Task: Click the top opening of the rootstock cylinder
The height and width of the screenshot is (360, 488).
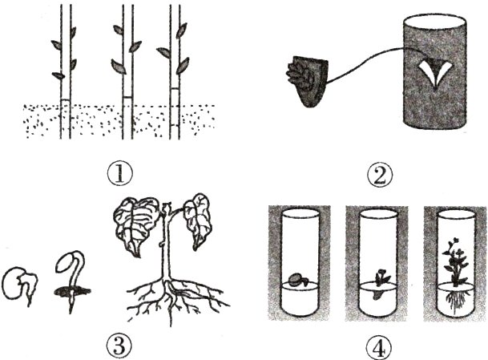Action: (435, 24)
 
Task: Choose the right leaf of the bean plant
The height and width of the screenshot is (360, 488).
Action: (197, 220)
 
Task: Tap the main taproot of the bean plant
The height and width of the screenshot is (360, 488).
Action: (169, 299)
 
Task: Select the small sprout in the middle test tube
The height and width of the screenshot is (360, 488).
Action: (381, 283)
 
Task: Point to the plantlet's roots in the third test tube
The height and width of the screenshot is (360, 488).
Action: (454, 300)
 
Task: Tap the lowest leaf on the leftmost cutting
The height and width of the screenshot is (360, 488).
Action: (58, 75)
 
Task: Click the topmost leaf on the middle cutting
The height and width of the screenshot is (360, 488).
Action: (119, 30)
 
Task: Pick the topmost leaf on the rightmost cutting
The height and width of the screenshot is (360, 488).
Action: (181, 30)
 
